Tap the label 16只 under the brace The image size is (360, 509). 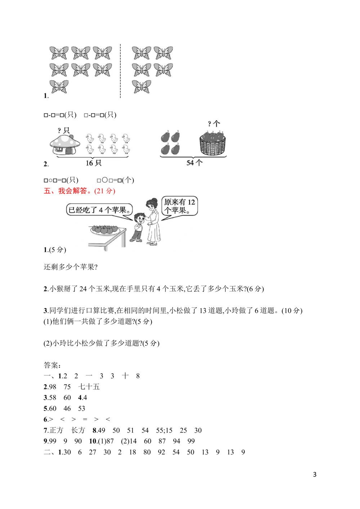(x=93, y=163)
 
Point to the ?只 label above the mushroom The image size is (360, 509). (x=63, y=130)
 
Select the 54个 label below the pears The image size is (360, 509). (x=194, y=163)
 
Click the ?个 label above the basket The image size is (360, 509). (x=213, y=124)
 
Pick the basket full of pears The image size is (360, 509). (x=213, y=145)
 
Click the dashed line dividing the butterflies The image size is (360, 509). (x=120, y=72)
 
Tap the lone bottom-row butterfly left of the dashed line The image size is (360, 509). (x=59, y=87)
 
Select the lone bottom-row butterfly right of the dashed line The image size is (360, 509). (x=141, y=87)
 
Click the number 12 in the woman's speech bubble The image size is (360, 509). (x=191, y=202)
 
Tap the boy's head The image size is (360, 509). (x=138, y=217)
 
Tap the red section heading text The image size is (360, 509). (x=79, y=192)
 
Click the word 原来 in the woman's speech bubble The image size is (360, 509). (x=170, y=202)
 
